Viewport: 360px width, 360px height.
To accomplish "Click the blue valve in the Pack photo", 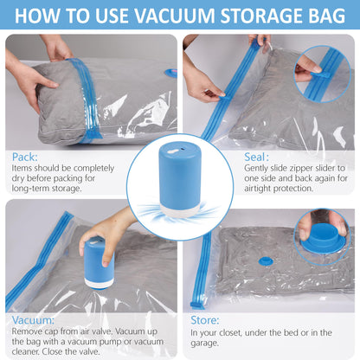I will pyautogui.click(x=170, y=73).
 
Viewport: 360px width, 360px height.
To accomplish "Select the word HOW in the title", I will pyautogui.click(x=42, y=15).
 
